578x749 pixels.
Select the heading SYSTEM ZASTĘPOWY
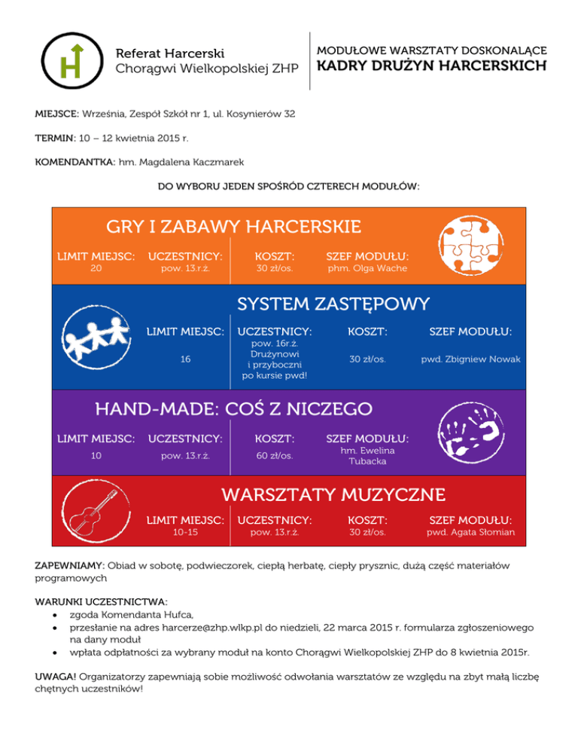(x=333, y=304)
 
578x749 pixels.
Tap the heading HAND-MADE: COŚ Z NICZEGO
(x=233, y=408)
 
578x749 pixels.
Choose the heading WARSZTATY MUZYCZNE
(x=333, y=494)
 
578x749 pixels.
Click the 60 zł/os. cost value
(x=275, y=455)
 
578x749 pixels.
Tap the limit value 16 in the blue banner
(x=185, y=359)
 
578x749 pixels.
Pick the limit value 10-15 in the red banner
(x=185, y=533)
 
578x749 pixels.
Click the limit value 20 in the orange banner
(x=96, y=267)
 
